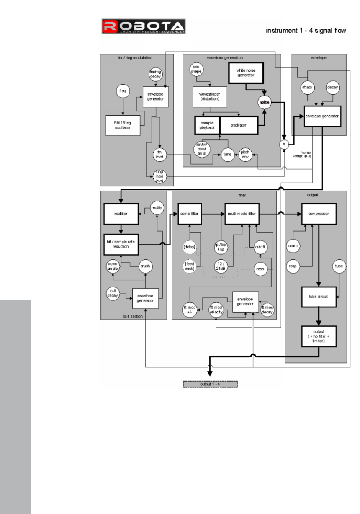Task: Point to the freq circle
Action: (x=123, y=90)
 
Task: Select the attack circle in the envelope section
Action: (x=308, y=88)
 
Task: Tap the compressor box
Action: (x=319, y=213)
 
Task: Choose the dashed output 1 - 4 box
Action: (x=210, y=384)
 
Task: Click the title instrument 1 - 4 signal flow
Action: (x=306, y=31)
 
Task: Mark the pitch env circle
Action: (x=245, y=154)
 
